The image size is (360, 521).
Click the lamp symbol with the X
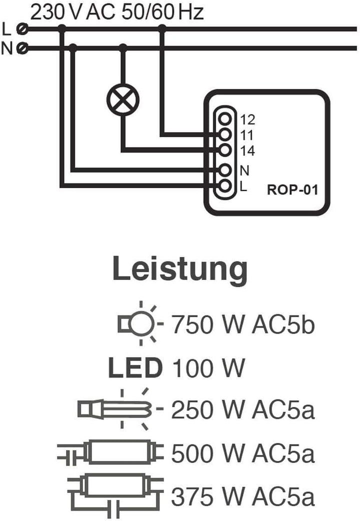122,99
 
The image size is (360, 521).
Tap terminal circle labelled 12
225,118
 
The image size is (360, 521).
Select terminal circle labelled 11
225,134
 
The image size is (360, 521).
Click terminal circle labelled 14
225,150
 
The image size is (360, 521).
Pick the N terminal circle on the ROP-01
225,170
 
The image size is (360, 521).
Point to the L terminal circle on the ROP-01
225,185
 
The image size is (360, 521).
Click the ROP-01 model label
292,189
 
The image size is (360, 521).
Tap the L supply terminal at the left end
22,29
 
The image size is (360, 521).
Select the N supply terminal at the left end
22,49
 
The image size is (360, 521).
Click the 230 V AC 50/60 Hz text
117,12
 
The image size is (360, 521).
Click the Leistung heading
180,269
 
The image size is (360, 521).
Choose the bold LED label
135,368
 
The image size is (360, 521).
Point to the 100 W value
208,368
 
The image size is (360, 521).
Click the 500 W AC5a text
242,453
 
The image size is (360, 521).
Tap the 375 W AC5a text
242,496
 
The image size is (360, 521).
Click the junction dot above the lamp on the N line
123,48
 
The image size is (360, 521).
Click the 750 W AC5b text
242,324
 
